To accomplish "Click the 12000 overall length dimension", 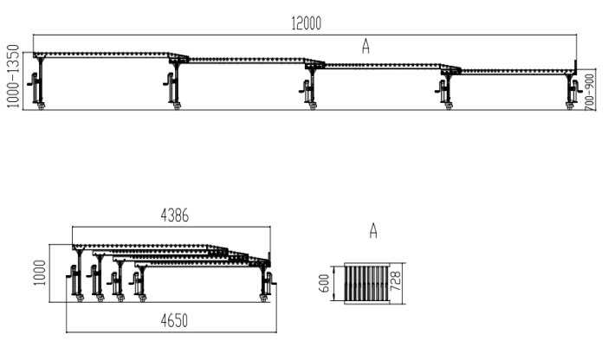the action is [306, 23].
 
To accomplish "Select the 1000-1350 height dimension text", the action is [13, 76].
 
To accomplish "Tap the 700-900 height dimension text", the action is [590, 92].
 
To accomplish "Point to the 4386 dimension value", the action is [175, 215].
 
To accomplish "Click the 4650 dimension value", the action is [174, 321].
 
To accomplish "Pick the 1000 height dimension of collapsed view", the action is [40, 273].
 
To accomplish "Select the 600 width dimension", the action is [324, 283].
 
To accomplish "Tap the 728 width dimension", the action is [395, 281].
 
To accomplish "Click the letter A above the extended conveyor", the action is [365, 46].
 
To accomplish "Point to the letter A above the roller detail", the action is [373, 230].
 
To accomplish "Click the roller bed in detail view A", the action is [367, 283].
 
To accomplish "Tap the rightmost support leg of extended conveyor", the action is [572, 91].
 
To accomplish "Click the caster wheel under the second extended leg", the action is [177, 106].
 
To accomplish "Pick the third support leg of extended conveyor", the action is [310, 88].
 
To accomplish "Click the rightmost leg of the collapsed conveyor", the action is [267, 283].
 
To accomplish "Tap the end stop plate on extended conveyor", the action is [575, 67].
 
